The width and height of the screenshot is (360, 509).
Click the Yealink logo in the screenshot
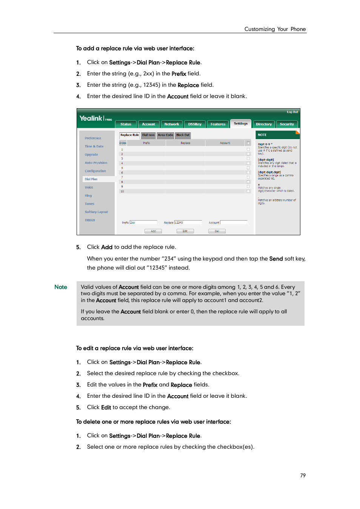point(91,118)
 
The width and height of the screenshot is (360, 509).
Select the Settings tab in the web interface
point(240,124)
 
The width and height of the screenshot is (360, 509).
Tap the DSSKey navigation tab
point(195,124)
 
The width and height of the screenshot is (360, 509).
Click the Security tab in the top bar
point(287,124)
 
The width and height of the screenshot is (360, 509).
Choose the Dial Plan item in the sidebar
point(91,179)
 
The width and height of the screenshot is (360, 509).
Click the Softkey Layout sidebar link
point(96,212)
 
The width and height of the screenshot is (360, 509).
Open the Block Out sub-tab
point(183,135)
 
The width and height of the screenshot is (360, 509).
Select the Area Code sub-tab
point(165,135)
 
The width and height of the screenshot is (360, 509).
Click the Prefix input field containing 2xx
point(143,222)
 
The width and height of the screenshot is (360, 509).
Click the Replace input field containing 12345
point(188,222)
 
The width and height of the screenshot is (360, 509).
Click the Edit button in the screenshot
point(185,231)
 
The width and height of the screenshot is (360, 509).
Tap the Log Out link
point(292,112)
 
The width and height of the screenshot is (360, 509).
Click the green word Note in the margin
point(61,287)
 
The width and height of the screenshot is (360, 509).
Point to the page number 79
point(303,475)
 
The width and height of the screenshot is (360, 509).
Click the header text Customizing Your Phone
point(275,29)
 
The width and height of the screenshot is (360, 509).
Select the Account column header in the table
point(225,143)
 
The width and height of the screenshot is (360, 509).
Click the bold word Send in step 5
point(276,259)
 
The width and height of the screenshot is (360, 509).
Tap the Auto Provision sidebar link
point(96,163)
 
